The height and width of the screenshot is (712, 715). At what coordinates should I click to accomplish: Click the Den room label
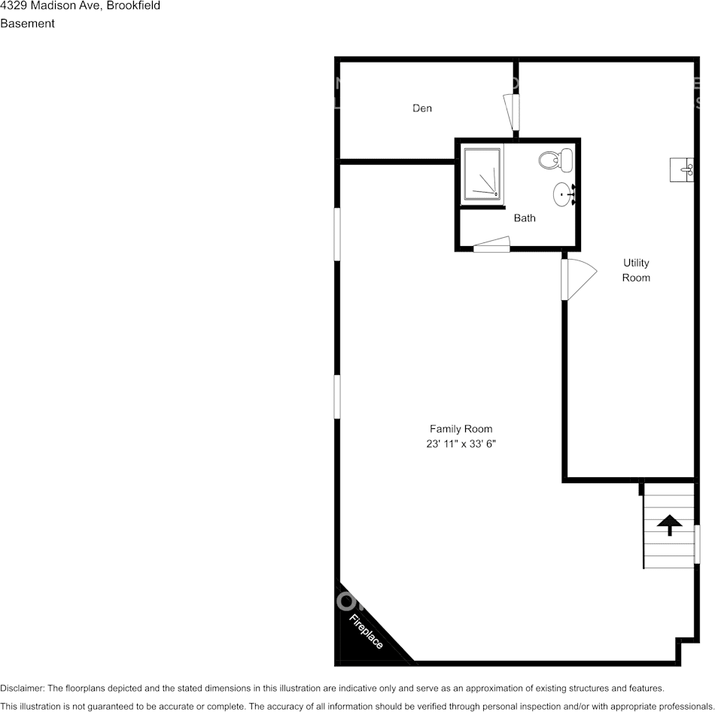[x=422, y=108]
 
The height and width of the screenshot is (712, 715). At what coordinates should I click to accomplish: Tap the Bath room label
[x=525, y=218]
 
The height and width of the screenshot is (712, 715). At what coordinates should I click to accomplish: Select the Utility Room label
[x=636, y=270]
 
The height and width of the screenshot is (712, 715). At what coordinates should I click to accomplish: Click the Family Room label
[x=461, y=429]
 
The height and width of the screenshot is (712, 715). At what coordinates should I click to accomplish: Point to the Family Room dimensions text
[x=461, y=444]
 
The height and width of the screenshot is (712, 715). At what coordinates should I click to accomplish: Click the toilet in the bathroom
[x=556, y=160]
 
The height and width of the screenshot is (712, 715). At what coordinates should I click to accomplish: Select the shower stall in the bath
[x=482, y=174]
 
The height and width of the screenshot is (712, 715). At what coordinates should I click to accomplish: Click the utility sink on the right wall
[x=682, y=169]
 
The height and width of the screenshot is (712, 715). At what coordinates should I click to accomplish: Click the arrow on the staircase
[x=669, y=525]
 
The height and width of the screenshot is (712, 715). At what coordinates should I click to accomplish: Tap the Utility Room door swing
[x=577, y=279]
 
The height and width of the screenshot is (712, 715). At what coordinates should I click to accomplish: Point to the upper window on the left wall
[x=337, y=234]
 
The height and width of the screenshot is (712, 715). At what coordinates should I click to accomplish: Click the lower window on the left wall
[x=337, y=397]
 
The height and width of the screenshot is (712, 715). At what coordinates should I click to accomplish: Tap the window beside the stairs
[x=697, y=543]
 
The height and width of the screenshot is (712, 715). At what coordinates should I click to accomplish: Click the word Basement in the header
[x=27, y=23]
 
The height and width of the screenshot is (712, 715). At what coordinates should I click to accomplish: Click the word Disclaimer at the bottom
[x=22, y=688]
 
